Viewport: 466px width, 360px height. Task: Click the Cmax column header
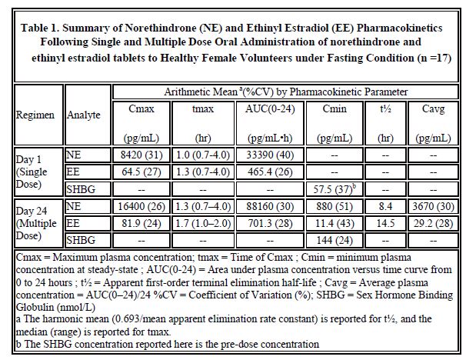point(141,123)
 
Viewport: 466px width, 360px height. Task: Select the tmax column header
point(203,123)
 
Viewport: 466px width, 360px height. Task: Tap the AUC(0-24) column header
point(270,123)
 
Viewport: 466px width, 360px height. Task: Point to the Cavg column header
point(433,123)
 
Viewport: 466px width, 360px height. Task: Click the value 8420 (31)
point(141,155)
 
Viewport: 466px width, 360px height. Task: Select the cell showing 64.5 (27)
point(141,172)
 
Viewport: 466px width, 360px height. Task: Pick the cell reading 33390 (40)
point(270,155)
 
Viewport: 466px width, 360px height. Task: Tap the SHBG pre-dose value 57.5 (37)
point(335,188)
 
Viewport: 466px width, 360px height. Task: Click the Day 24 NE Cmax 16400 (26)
point(141,206)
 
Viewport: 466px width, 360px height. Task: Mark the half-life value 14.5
point(385,223)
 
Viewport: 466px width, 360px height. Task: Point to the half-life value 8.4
point(385,206)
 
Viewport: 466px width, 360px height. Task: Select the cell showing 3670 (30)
point(433,206)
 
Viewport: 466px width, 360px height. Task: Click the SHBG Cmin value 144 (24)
point(335,240)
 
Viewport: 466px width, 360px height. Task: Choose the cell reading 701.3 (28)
point(270,223)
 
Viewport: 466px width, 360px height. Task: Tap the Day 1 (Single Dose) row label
point(32,172)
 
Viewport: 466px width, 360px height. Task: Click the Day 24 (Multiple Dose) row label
point(35,223)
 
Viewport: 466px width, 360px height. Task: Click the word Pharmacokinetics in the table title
point(399,28)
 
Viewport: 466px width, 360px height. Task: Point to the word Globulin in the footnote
point(33,307)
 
